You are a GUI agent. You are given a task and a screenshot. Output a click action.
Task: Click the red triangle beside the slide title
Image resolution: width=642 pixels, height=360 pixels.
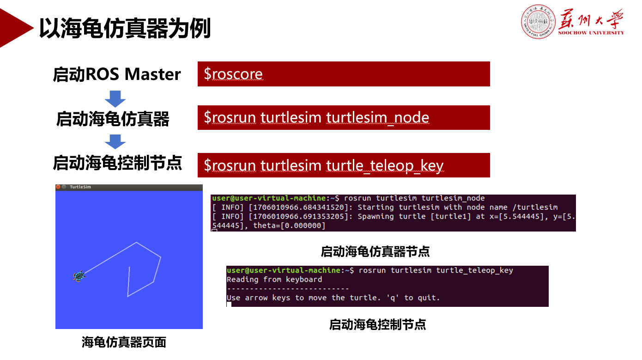14,28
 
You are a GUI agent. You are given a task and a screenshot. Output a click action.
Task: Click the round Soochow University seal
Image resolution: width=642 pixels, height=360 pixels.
538,22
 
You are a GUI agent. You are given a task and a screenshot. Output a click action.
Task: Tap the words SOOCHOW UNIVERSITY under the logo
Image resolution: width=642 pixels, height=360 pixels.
591,33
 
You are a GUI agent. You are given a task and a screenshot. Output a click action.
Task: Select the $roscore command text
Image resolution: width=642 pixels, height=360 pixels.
233,74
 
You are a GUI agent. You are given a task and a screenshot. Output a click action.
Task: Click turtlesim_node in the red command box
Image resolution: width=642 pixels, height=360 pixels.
377,117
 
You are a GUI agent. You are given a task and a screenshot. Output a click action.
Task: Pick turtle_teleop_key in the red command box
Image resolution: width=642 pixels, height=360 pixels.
385,165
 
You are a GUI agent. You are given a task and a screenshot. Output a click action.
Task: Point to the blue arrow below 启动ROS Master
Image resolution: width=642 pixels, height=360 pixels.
115,99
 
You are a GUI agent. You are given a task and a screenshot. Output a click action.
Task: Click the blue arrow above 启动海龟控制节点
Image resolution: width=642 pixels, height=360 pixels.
115,142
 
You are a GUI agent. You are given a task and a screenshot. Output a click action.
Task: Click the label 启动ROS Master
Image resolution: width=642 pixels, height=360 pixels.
117,74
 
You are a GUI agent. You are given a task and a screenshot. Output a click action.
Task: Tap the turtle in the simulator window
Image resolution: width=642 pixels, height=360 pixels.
79,276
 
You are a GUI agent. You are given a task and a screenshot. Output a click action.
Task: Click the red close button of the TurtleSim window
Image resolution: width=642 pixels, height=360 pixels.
58,187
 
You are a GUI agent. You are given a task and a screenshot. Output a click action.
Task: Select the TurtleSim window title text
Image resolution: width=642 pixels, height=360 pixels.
80,187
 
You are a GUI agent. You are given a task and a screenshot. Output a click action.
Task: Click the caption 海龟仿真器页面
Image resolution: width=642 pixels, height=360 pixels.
124,342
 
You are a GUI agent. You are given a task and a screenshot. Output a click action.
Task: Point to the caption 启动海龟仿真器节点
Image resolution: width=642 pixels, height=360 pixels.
375,251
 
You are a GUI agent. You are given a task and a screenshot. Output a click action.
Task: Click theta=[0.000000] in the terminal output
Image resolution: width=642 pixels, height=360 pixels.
289,226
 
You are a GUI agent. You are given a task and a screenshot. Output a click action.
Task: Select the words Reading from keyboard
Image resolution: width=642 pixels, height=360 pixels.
274,280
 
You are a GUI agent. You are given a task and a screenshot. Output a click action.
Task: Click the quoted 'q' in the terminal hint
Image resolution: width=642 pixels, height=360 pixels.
393,298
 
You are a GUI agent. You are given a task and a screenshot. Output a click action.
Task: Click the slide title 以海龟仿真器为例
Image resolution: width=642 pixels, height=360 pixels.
125,28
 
